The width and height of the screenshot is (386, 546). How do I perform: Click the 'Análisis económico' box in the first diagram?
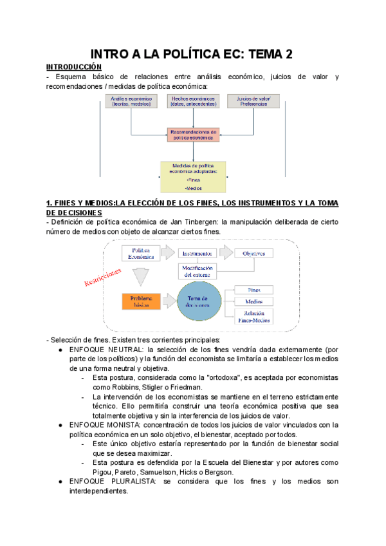(131, 101)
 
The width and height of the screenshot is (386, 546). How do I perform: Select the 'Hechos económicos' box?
(193, 101)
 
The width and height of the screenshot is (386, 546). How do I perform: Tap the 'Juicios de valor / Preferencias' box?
(253, 101)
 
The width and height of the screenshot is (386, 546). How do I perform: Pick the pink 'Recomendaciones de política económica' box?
(193, 134)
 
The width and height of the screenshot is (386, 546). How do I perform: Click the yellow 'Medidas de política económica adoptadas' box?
(194, 176)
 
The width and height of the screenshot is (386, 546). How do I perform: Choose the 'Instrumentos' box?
(196, 254)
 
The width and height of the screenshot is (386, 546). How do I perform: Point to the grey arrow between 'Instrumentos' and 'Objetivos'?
(225, 252)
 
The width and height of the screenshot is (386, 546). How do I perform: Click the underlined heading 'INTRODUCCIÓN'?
(73, 67)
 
